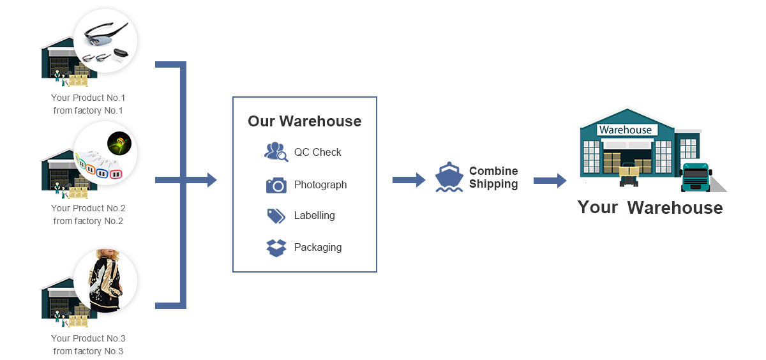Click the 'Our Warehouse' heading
point(304,121)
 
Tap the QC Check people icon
point(276,151)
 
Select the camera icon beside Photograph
point(276,185)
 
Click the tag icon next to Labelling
point(276,216)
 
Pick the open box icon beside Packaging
point(276,248)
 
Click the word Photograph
point(320,185)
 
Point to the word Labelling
point(314,216)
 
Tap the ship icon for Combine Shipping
point(449,177)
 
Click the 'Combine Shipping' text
point(493,177)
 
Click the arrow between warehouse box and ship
point(409,180)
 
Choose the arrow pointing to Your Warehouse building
point(550,180)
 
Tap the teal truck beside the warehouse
point(696,177)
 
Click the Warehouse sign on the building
point(626,130)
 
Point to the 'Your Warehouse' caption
point(650,207)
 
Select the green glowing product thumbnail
point(119,143)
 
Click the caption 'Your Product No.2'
point(88,208)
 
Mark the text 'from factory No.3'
point(88,351)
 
